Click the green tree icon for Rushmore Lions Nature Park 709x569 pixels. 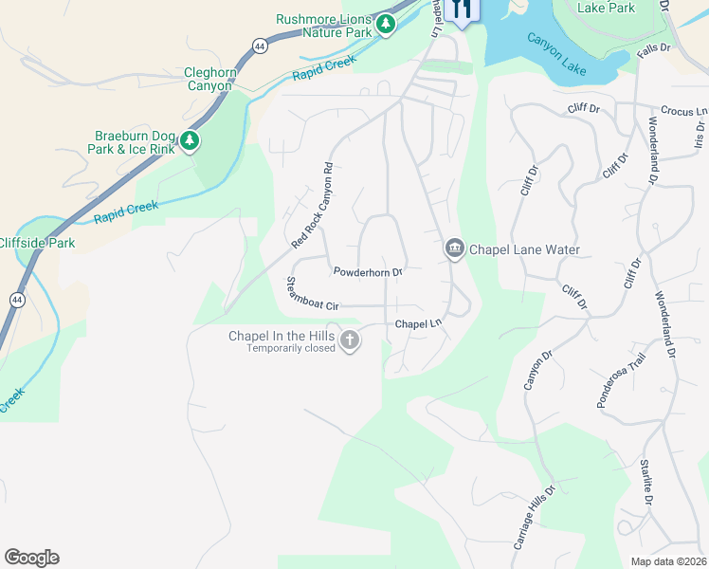click(x=385, y=25)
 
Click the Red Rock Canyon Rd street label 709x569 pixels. click(x=313, y=206)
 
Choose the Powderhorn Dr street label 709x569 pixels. click(x=368, y=272)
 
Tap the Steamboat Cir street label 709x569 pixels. click(x=312, y=294)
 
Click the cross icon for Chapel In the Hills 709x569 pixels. click(x=350, y=340)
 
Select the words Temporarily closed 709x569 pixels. click(x=292, y=348)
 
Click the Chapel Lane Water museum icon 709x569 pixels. click(x=454, y=249)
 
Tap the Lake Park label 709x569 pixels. click(x=606, y=8)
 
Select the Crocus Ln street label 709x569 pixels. click(x=683, y=111)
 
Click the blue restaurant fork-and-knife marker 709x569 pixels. click(x=462, y=9)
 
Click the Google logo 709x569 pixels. click(x=31, y=558)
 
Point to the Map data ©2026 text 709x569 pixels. click(x=668, y=560)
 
